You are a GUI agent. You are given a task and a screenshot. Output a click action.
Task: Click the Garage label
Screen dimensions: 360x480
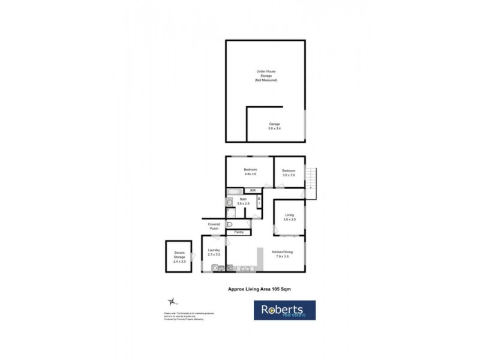[274, 126]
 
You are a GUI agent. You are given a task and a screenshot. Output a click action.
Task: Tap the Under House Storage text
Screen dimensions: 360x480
[266, 76]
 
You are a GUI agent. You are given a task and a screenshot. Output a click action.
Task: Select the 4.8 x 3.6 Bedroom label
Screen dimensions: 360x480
[250, 172]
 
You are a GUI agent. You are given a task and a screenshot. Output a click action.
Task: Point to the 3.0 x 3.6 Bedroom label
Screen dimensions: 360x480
[289, 172]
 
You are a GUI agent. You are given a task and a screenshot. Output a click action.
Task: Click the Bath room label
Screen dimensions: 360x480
[243, 202]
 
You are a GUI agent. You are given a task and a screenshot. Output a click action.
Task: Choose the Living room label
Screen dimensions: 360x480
[289, 217]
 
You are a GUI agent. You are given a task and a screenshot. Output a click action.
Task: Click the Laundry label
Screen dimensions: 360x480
[214, 252]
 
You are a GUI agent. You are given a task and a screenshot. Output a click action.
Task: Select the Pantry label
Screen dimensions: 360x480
[238, 232]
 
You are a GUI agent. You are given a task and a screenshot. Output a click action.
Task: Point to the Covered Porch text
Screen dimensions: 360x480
[214, 226]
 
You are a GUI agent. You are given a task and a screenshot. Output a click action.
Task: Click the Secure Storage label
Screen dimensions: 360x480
[179, 256]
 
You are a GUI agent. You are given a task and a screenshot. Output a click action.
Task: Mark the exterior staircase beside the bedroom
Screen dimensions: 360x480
[310, 178]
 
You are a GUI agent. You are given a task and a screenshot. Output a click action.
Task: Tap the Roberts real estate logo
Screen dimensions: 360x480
[284, 310]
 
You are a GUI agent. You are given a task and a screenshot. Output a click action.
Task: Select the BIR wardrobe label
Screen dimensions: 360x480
[253, 191]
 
